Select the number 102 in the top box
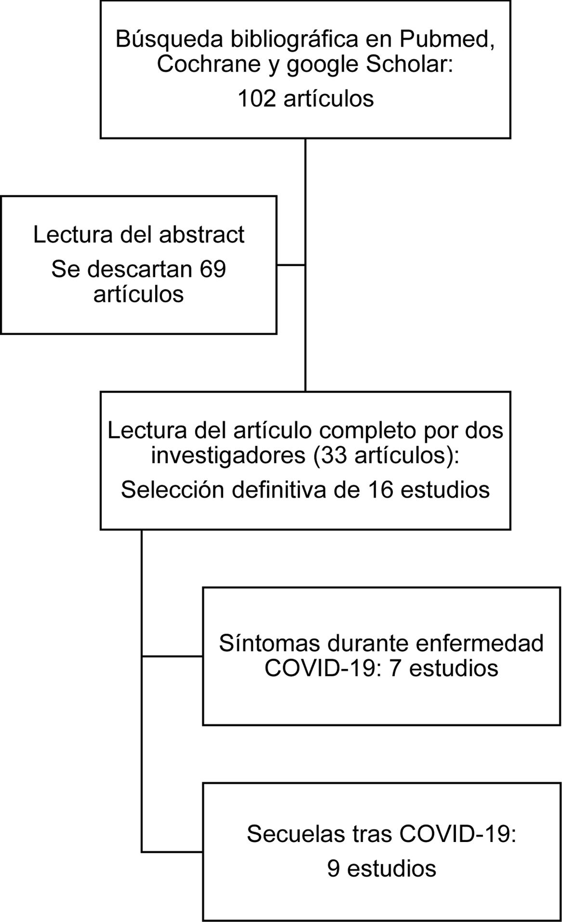257,98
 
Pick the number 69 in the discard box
213,269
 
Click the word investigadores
228,455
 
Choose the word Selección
172,490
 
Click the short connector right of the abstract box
291,265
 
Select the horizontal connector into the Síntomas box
172,656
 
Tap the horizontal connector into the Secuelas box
172,852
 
